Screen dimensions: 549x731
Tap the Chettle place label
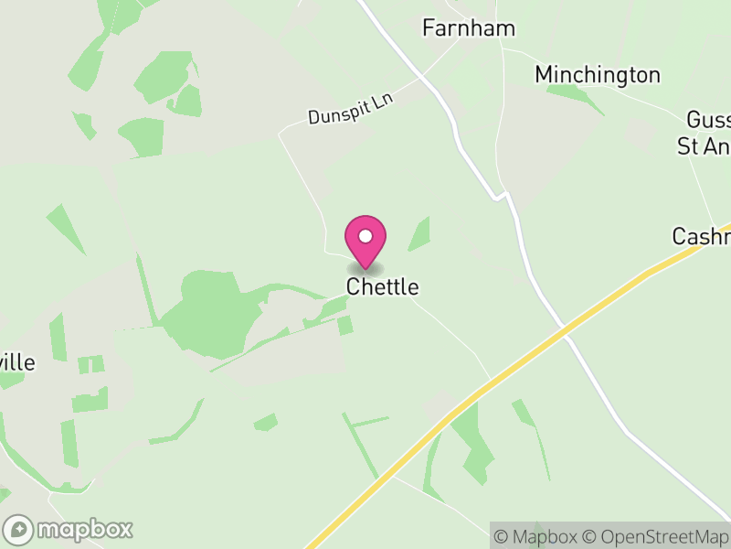tap(382, 286)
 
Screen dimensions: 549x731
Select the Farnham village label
tap(468, 28)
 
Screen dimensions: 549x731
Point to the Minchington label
tap(598, 74)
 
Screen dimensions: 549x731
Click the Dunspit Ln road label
tap(349, 109)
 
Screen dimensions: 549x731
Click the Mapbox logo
tap(69, 529)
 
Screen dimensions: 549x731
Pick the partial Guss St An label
tap(705, 134)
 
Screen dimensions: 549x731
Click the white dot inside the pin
tap(365, 236)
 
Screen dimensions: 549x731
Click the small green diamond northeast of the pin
tap(419, 234)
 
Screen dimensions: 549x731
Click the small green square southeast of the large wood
tap(344, 325)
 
